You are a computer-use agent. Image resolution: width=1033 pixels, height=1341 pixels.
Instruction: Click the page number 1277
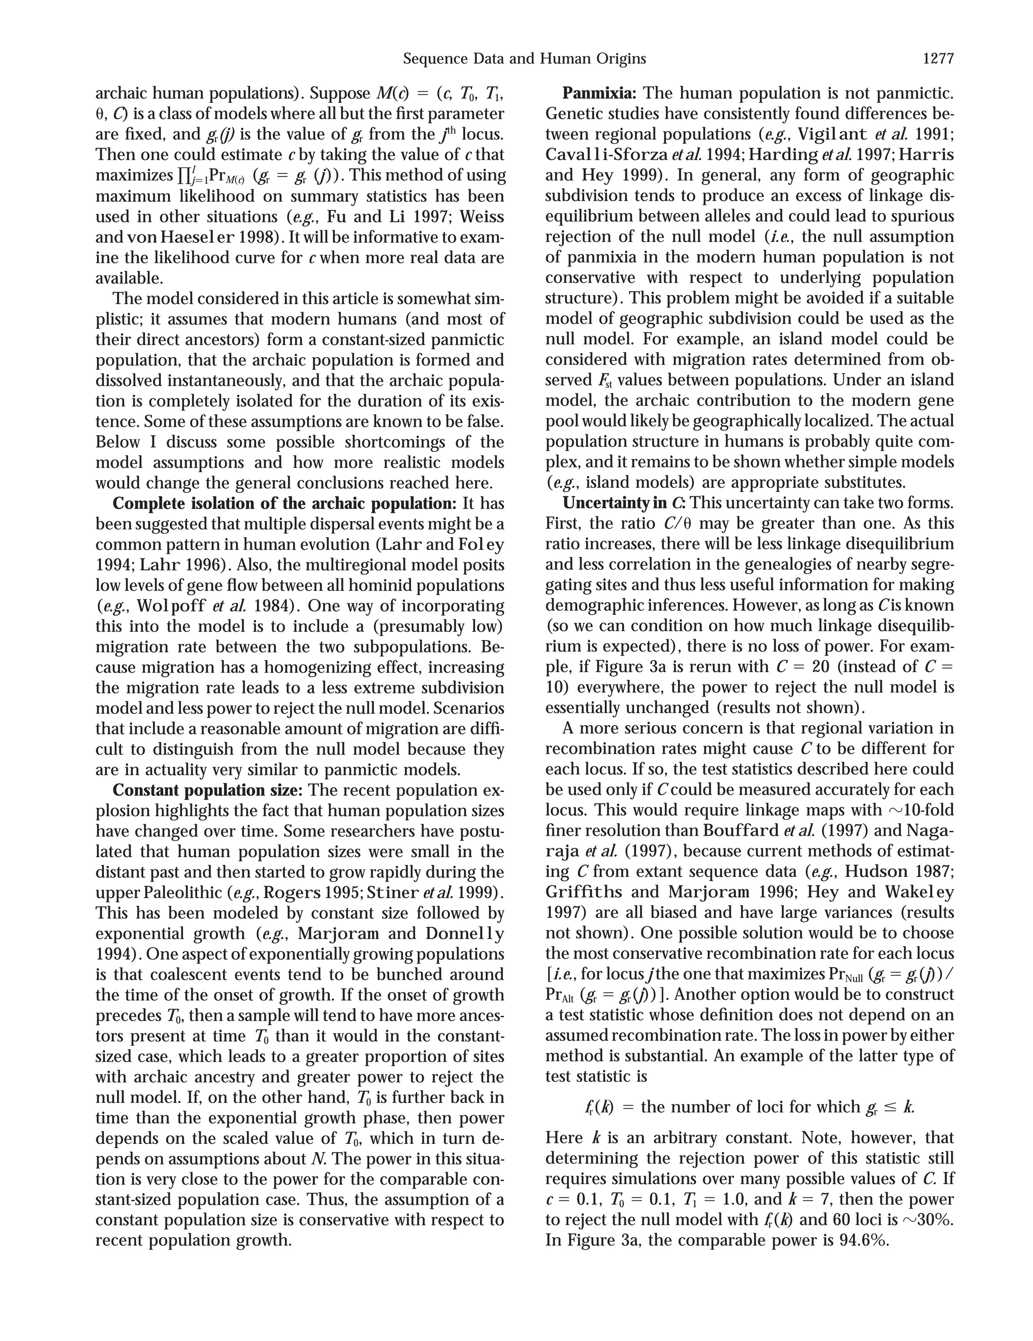pyautogui.click(x=938, y=59)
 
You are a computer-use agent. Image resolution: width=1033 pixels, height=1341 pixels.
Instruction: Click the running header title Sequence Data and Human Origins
pyautogui.click(x=525, y=59)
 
